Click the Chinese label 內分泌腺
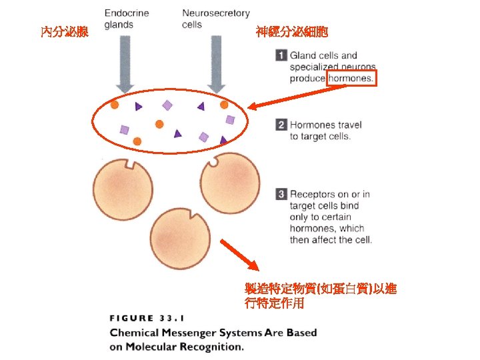pyautogui.click(x=64, y=31)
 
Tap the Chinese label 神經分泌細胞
pyautogui.click(x=291, y=31)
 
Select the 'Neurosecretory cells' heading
pyautogui.click(x=215, y=19)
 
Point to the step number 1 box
pyautogui.click(x=281, y=55)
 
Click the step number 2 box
pyautogui.click(x=281, y=125)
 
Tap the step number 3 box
pyautogui.click(x=281, y=194)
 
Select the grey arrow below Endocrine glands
pyautogui.click(x=125, y=63)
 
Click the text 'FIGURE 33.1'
pyautogui.click(x=144, y=318)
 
